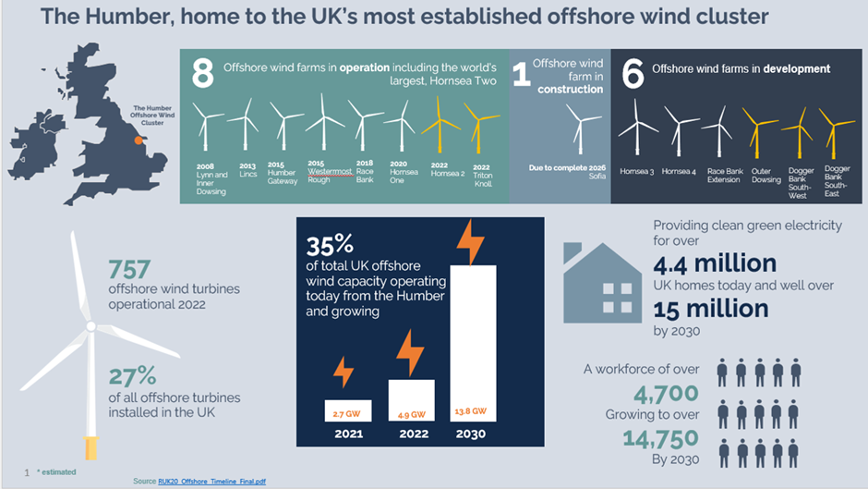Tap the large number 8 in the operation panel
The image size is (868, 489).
203,75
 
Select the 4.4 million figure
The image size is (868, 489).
715,264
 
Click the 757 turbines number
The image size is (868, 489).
130,270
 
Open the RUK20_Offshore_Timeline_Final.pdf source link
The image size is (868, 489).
213,481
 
